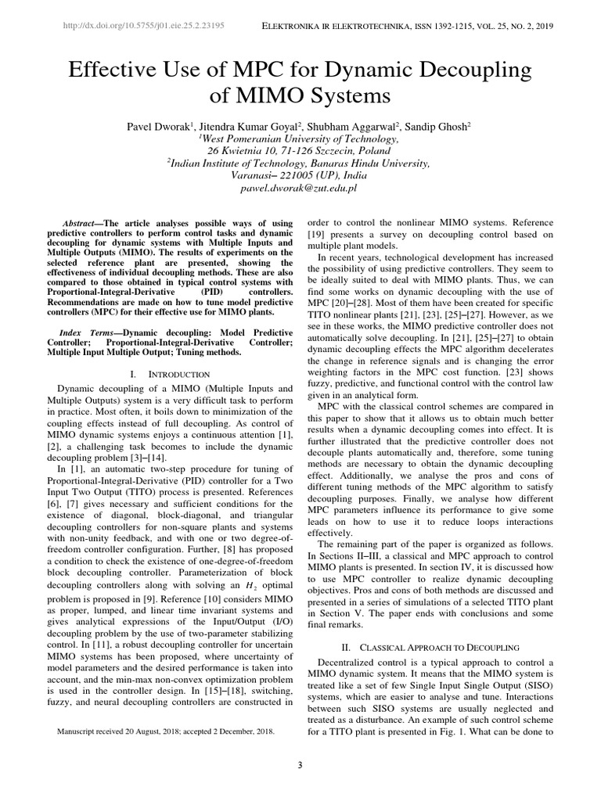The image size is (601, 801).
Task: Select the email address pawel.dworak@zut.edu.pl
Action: (300, 189)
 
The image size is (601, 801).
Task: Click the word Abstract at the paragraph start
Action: (82, 223)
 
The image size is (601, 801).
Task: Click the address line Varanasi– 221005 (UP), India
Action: (300, 176)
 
